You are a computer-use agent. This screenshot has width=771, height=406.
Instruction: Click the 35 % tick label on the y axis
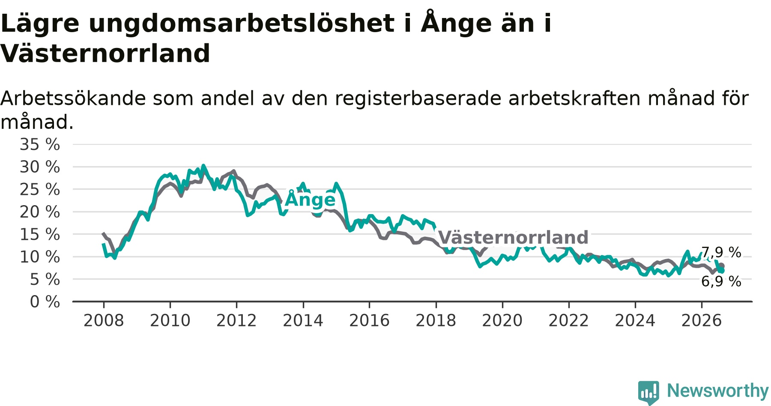(x=40, y=144)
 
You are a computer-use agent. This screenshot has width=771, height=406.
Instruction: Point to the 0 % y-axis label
(x=45, y=302)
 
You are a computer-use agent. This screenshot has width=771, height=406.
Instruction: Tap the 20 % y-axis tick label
(x=40, y=212)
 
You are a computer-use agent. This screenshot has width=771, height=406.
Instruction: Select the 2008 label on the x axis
(x=104, y=320)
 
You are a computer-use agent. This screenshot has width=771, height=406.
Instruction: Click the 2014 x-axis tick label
(x=303, y=320)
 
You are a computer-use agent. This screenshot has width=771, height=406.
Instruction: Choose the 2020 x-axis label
(x=502, y=320)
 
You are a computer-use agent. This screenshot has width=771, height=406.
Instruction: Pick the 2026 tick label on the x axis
(x=702, y=320)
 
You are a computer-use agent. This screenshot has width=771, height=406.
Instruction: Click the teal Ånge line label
(x=310, y=199)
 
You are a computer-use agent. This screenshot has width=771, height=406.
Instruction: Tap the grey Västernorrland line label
(x=513, y=237)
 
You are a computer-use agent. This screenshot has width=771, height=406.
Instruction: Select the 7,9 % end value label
(x=721, y=252)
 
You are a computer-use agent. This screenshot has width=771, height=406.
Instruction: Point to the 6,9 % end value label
(x=721, y=281)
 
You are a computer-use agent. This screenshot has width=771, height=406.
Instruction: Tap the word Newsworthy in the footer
(x=718, y=391)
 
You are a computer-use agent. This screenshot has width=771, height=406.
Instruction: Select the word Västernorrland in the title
(x=105, y=54)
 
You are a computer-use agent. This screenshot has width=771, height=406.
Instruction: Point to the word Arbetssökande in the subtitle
(x=73, y=99)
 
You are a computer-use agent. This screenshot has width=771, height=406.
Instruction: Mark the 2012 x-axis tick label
(x=236, y=320)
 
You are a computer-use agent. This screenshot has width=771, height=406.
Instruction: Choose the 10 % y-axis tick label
(x=40, y=257)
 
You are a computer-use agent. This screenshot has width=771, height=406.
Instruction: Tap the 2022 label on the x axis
(x=569, y=320)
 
